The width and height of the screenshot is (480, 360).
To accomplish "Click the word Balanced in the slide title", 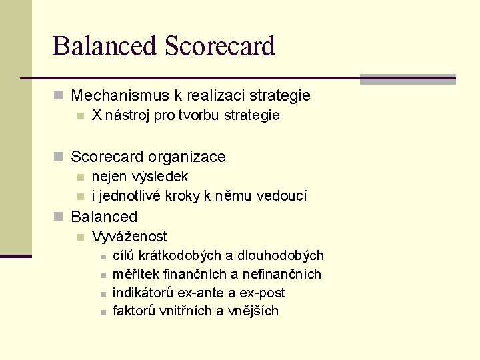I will pyautogui.click(x=104, y=47).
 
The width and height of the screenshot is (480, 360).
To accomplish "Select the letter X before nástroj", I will pyautogui.click(x=97, y=115).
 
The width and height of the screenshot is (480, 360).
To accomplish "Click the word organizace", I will pyautogui.click(x=187, y=157).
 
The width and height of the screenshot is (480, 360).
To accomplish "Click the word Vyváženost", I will pyautogui.click(x=129, y=237).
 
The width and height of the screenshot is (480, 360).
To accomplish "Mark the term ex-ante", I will pyautogui.click(x=203, y=293).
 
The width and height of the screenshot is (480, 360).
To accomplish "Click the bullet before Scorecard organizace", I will pyautogui.click(x=59, y=157).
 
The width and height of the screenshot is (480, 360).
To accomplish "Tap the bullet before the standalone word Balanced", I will pyautogui.click(x=59, y=217).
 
